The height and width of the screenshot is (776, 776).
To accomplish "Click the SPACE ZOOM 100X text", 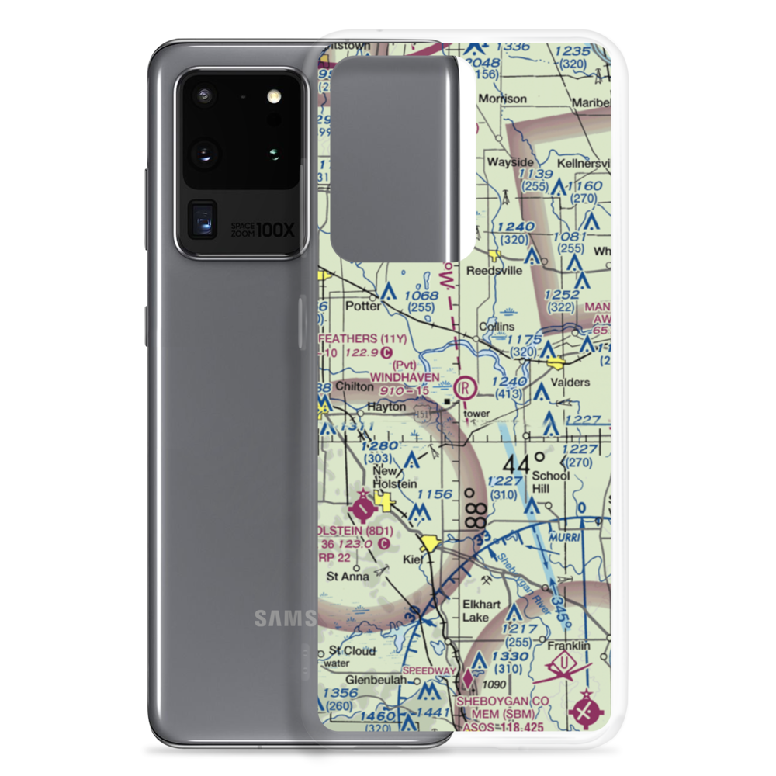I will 253,230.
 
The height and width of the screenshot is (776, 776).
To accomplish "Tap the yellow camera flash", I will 272,97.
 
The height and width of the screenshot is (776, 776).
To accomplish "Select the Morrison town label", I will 502,99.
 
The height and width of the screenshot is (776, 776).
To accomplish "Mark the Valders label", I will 570,383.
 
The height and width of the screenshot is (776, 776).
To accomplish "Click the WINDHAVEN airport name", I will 405,377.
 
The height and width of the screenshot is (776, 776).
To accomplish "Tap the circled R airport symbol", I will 465,386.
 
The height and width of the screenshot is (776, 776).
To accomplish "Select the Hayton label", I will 386,406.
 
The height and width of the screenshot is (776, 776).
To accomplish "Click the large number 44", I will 516,465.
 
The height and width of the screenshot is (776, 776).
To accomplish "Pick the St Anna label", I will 345,577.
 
